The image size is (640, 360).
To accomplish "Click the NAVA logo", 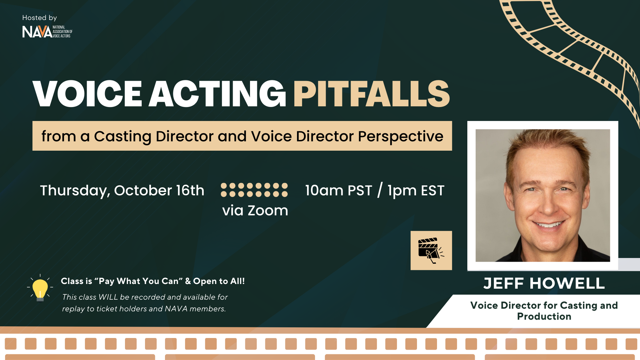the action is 47,32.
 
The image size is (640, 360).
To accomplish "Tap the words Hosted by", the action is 39,18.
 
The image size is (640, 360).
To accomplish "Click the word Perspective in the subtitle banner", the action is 401,136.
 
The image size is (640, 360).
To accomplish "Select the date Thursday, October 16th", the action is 122,191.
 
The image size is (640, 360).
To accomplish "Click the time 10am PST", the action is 338,191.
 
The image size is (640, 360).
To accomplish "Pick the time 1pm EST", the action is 416,191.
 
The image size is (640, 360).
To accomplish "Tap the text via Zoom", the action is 255,211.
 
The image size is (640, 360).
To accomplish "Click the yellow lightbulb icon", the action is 40,288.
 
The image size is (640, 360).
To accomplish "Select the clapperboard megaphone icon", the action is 431,250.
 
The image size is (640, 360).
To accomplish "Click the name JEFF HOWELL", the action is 544,283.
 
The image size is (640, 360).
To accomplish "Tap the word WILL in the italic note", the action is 108,297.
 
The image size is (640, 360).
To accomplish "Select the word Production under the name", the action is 544,316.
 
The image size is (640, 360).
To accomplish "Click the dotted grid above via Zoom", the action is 254,190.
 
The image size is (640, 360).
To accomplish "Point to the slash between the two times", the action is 380,190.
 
